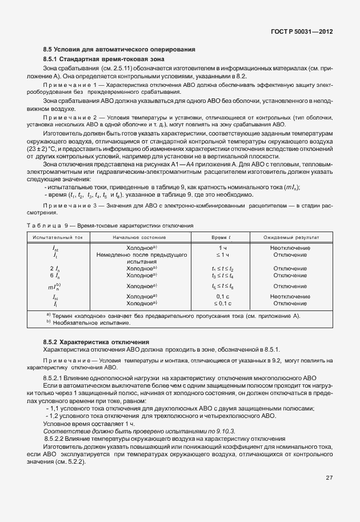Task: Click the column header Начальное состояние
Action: tap(142, 237)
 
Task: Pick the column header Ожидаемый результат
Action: tap(291, 237)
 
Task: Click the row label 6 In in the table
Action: tap(55, 276)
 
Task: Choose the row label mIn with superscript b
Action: tap(55, 286)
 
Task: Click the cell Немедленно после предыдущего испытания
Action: tap(142, 258)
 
